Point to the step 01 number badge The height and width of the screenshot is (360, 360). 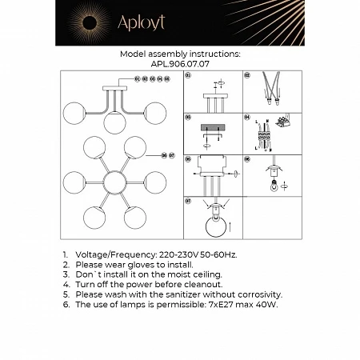click(x=187, y=75)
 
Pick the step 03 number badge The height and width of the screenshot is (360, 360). click(x=187, y=117)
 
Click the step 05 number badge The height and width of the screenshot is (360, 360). click(x=187, y=158)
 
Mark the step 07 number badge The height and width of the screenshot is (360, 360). click(x=187, y=200)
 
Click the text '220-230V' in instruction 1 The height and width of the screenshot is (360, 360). click(x=168, y=254)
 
